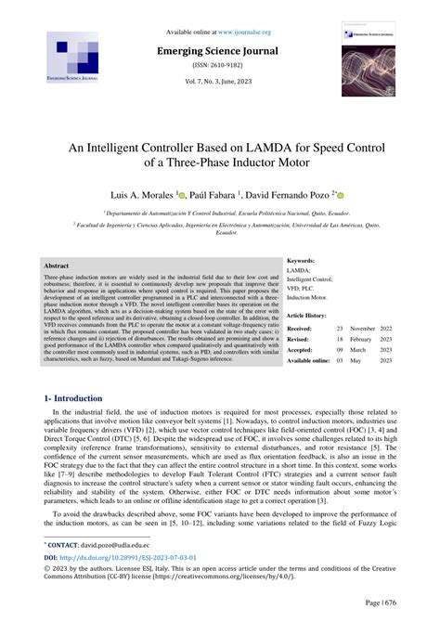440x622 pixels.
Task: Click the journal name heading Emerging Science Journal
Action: (x=220, y=54)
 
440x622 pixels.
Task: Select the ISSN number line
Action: (x=220, y=69)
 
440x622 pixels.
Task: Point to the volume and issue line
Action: (x=220, y=85)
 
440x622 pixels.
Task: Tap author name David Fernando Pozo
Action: (x=297, y=196)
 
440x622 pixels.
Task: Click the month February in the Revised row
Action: (x=364, y=340)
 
